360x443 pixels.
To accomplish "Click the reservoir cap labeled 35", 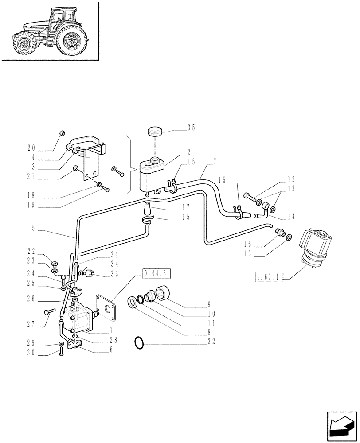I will (154, 132).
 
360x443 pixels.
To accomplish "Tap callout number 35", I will (191, 128).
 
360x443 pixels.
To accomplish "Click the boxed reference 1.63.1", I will (269, 278).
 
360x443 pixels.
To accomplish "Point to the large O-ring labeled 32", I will (139, 342).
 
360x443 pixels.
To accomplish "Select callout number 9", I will (208, 305).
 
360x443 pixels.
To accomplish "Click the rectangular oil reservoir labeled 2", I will (150, 176).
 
